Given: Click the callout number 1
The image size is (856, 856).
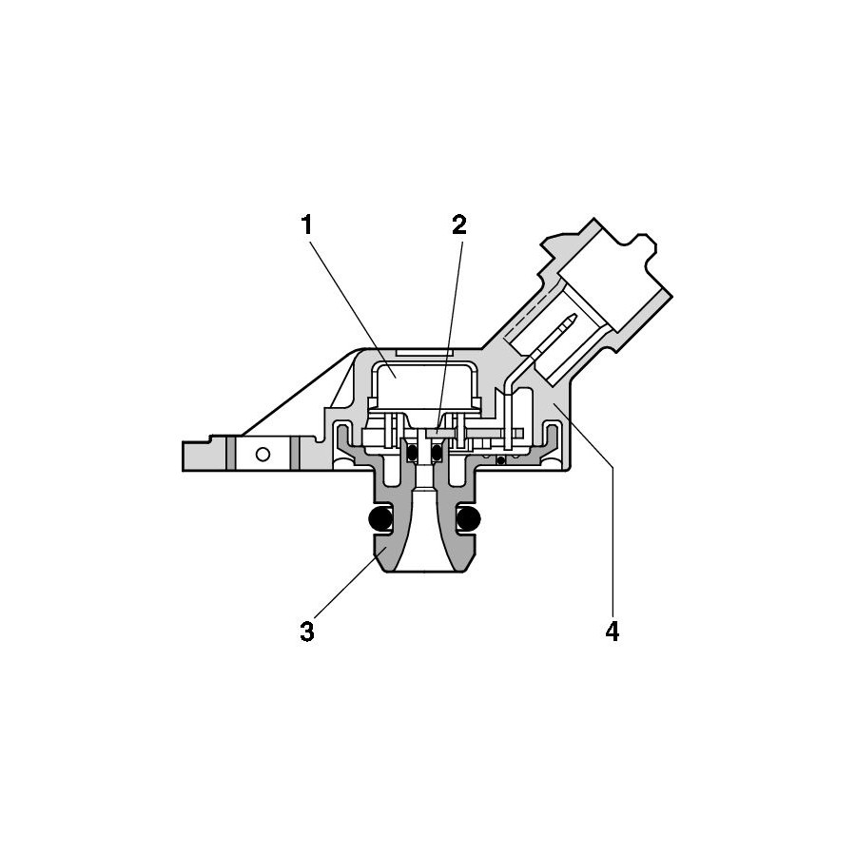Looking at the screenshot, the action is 307,224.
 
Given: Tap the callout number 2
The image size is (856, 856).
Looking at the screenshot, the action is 459,224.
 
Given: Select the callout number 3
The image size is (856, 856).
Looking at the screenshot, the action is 307,632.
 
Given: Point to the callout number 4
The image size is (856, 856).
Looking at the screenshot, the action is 613,632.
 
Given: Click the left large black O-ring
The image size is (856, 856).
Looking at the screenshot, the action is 380,519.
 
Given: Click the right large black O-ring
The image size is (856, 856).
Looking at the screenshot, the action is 468,519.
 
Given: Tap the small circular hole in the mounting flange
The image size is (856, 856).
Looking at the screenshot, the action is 263,454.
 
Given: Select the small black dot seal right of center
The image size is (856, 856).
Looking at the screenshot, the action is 500,460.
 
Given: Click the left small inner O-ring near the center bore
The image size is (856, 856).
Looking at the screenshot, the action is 414,452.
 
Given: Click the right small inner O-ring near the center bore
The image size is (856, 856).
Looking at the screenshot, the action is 437,452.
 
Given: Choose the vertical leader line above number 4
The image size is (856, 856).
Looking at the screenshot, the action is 613,543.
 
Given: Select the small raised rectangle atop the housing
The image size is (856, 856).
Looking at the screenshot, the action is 424,352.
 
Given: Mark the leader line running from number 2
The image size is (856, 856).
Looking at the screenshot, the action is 449,333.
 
